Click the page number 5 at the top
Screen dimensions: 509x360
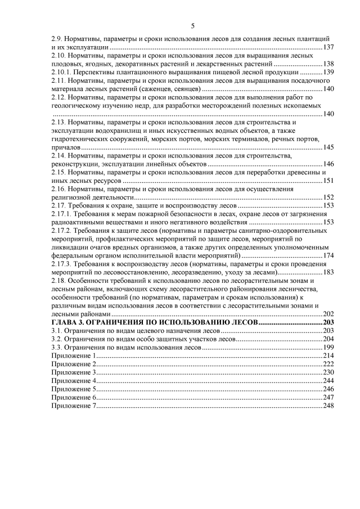[x=192, y=26]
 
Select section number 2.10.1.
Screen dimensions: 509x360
[x=61, y=72]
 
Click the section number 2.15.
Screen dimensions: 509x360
[x=58, y=172]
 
